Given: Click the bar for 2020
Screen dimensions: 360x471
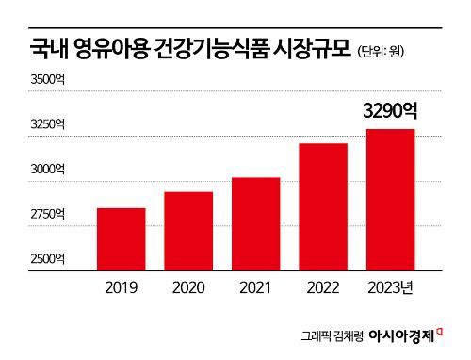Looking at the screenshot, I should pyautogui.click(x=188, y=231).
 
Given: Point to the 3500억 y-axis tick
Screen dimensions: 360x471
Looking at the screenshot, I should pyautogui.click(x=47, y=82).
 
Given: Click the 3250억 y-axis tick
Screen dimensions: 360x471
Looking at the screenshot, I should pyautogui.click(x=47, y=124).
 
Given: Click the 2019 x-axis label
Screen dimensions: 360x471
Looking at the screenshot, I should pyautogui.click(x=121, y=287).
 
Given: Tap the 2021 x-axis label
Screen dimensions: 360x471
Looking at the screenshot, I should pyautogui.click(x=255, y=287).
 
